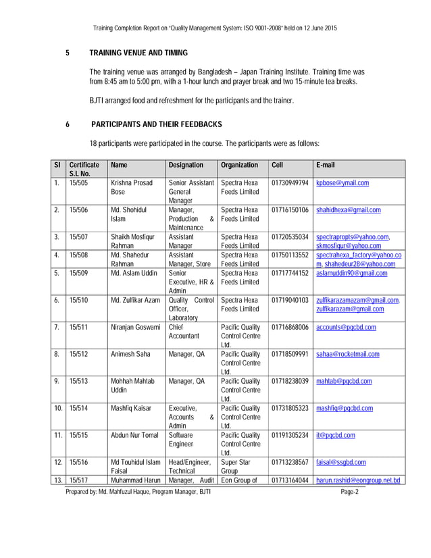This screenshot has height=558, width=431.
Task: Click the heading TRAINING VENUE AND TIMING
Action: click(x=138, y=53)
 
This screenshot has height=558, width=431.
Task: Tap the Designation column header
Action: click(x=186, y=165)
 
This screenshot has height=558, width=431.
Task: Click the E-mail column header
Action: click(x=325, y=165)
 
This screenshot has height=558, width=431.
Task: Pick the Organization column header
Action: click(x=239, y=165)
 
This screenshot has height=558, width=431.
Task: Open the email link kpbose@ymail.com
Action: click(x=343, y=183)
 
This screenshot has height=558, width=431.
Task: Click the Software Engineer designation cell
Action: click(x=181, y=440)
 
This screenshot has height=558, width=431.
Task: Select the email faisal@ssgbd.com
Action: click(x=340, y=462)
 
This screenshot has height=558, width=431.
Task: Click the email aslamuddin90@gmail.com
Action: click(x=351, y=273)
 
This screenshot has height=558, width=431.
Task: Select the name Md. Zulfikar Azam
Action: click(x=135, y=300)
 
